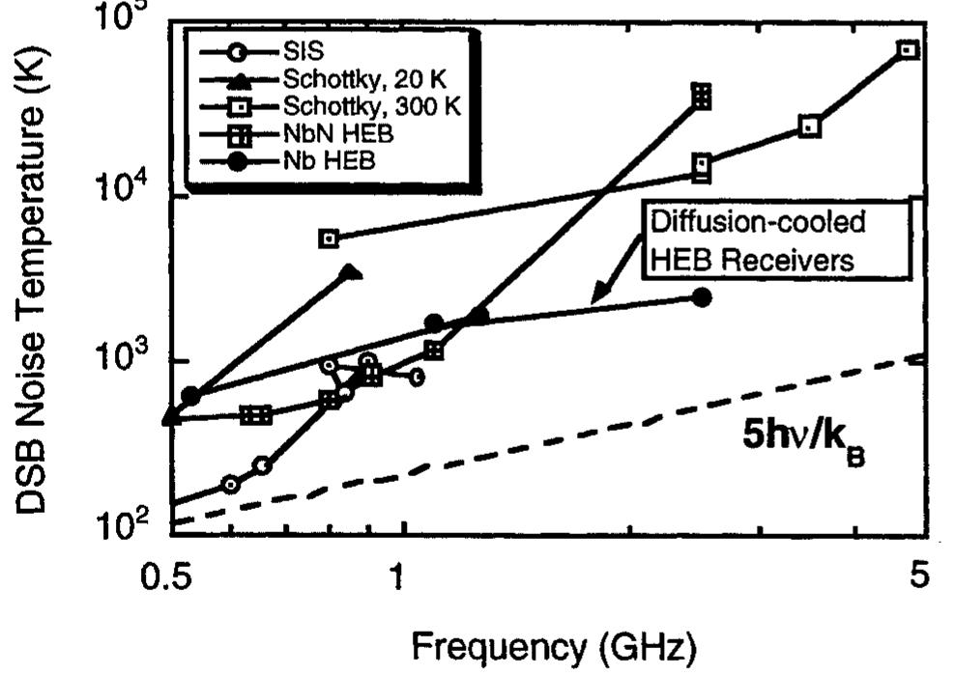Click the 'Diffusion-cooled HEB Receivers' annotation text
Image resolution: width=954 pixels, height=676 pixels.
756,240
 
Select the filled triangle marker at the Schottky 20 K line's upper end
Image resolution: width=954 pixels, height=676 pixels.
353,272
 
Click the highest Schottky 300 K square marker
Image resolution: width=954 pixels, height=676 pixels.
907,49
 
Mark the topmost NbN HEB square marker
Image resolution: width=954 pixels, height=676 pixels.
702,94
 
